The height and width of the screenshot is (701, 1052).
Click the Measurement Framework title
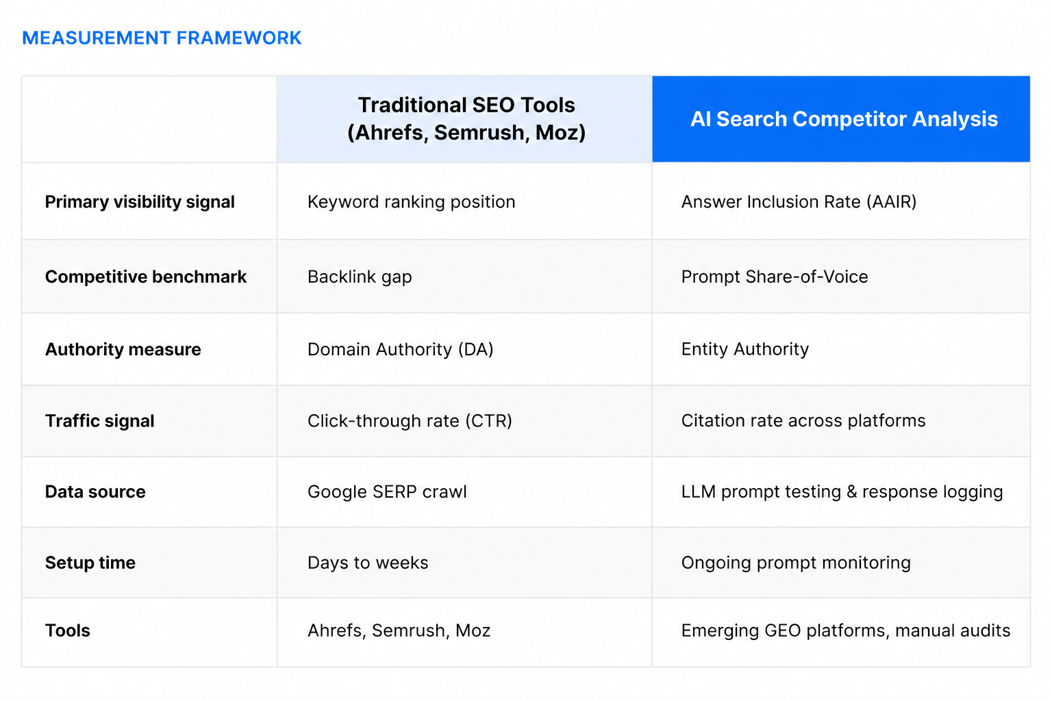[162, 38]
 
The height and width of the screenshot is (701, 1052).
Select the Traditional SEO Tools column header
[466, 118]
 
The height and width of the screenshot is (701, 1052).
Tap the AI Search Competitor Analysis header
[843, 119]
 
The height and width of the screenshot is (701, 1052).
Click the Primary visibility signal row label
[140, 202]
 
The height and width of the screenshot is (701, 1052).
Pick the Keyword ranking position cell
[411, 202]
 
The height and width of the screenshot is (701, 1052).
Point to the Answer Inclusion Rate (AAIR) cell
[799, 202]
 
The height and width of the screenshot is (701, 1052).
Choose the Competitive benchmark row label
[146, 277]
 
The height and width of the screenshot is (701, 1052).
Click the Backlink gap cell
[360, 277]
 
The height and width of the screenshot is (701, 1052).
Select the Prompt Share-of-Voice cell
[774, 277]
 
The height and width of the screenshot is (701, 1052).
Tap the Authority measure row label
[123, 349]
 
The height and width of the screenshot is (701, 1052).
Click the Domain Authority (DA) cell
[400, 349]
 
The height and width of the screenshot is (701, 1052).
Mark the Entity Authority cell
[744, 349]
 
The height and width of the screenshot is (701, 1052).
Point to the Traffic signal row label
[100, 421]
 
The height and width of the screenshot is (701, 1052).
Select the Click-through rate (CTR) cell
[410, 421]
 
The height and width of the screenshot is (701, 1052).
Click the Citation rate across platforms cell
[803, 421]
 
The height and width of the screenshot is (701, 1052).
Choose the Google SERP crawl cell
[387, 492]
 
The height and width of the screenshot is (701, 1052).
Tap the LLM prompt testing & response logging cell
[842, 492]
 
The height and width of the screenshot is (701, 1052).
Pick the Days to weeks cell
[368, 563]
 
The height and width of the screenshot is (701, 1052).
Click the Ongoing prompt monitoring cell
[796, 563]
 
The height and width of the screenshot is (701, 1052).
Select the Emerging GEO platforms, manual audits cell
[845, 630]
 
